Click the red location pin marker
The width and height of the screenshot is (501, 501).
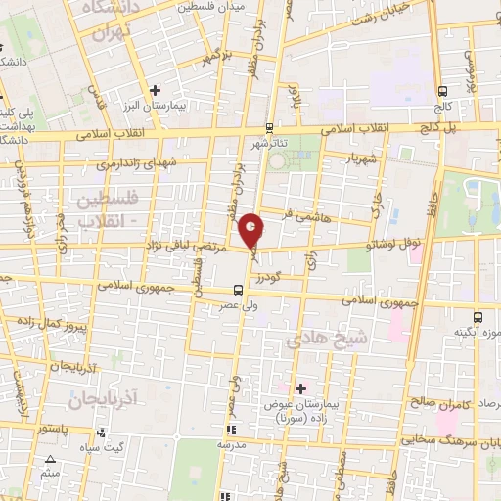pos(252,229)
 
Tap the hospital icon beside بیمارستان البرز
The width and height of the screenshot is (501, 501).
pos(155,90)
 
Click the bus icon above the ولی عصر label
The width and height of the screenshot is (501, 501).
pos(238,290)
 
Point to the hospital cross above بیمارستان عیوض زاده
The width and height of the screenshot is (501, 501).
pos(300,388)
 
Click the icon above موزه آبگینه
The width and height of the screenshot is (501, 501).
pos(478,317)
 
